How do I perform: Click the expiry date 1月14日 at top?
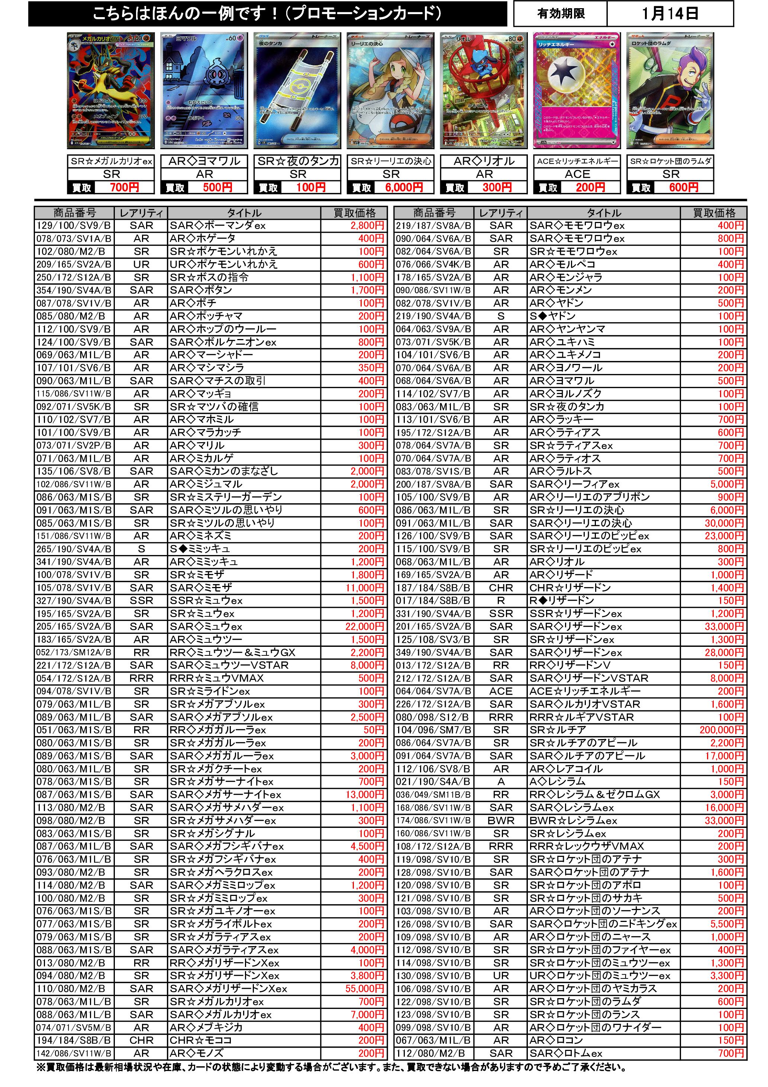(669, 14)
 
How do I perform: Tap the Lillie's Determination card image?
(390, 91)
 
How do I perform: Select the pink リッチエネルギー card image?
(577, 91)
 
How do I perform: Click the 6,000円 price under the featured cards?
(403, 187)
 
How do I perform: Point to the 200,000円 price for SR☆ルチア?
(721, 730)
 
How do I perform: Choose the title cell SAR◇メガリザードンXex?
(229, 988)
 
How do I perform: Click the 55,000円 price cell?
(365, 988)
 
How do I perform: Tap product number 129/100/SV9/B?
(74, 226)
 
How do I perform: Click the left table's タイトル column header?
(244, 213)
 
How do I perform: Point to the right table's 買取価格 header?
(714, 213)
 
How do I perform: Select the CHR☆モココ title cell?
(201, 1040)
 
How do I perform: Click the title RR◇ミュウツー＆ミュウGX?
(232, 652)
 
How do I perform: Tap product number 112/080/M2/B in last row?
(433, 1054)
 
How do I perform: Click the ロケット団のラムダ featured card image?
(671, 91)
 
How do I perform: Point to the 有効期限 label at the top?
(561, 14)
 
